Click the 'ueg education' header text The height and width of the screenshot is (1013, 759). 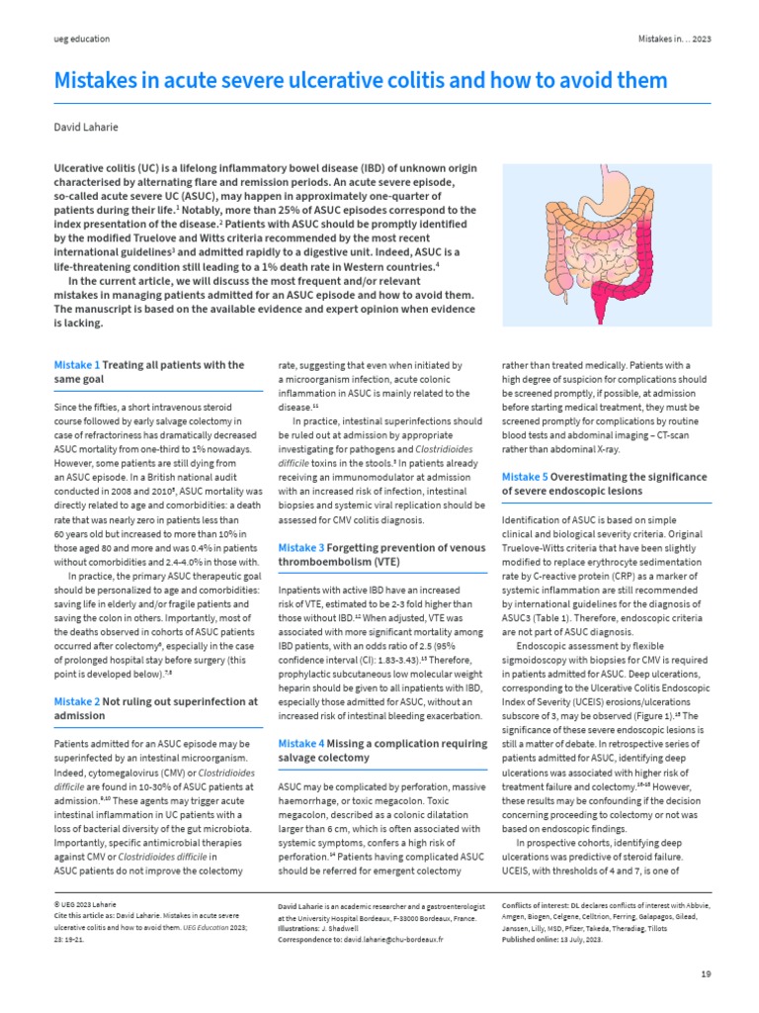[x=81, y=39]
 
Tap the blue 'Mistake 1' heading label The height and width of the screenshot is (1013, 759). [x=76, y=365]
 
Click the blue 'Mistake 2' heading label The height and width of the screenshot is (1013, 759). [x=76, y=701]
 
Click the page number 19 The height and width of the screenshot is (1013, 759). [x=705, y=974]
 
